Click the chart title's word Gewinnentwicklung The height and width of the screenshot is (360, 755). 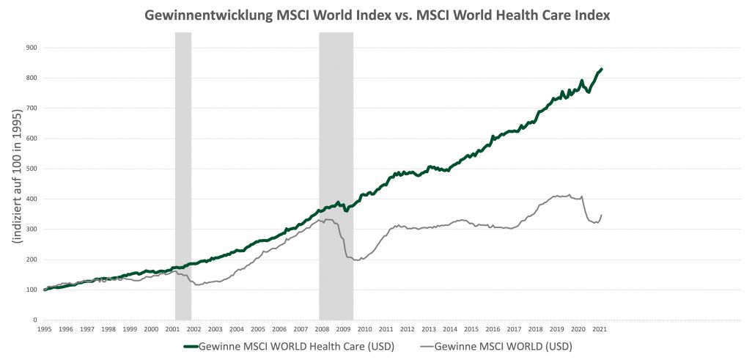201,15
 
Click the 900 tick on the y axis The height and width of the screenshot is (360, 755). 32,48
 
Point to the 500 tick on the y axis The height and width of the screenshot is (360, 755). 32,169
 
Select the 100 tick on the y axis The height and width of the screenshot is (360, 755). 32,290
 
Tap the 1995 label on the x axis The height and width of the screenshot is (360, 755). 44,329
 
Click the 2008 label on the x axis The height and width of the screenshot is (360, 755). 321,329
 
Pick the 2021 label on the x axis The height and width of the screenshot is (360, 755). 599,329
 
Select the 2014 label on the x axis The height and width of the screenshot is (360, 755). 449,329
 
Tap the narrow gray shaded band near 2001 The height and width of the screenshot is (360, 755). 183,176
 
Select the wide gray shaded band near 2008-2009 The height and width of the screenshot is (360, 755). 336,176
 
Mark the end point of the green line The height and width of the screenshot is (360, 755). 602,69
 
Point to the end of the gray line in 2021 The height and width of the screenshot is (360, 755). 602,216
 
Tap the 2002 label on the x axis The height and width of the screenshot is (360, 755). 194,329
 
